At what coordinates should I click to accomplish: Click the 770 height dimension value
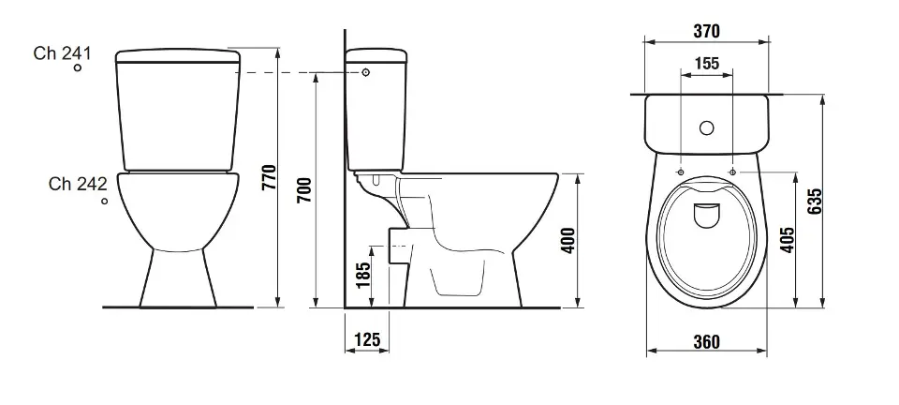[269, 177]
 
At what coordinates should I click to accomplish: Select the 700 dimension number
[305, 190]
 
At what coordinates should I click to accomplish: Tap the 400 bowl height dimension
[567, 241]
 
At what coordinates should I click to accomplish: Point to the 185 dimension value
[363, 276]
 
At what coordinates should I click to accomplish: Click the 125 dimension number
[367, 339]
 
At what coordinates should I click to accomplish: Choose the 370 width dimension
[706, 31]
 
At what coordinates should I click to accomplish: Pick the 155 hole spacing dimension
[706, 63]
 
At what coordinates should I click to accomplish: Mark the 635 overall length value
[814, 201]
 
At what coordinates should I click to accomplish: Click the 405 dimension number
[788, 240]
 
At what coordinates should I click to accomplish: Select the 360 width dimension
[706, 342]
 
